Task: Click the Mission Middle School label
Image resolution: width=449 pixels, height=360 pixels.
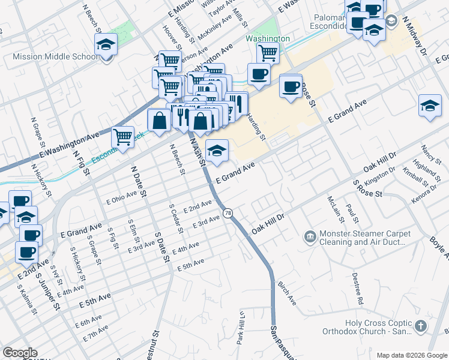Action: (x=55, y=57)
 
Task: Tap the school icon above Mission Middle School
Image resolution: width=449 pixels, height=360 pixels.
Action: (x=106, y=44)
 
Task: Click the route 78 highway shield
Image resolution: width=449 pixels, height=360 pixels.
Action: (x=228, y=213)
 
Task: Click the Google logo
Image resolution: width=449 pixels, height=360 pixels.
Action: (x=20, y=353)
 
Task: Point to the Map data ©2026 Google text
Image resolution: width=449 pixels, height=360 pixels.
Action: (x=411, y=355)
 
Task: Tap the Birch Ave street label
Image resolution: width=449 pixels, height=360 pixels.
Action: (x=286, y=293)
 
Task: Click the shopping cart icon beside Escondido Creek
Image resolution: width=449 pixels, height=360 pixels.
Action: (x=123, y=137)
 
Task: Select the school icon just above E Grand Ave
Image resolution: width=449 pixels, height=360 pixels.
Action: (x=217, y=150)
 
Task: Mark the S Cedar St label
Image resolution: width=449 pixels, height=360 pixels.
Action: (x=172, y=215)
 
